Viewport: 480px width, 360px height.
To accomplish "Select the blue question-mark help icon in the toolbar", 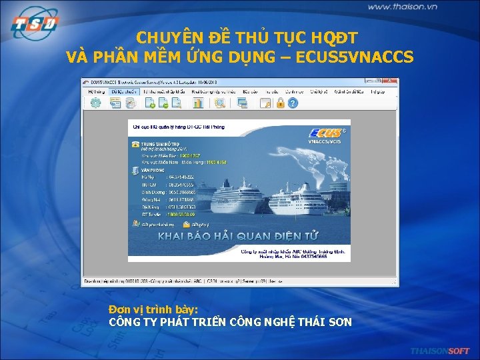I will [292, 103].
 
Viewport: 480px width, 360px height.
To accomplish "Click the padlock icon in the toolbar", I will [281, 103].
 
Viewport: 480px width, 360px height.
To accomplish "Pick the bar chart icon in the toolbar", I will [197, 103].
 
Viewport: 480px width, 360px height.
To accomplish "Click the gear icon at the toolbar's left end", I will [96, 103].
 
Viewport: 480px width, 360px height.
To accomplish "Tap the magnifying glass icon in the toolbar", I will [219, 103].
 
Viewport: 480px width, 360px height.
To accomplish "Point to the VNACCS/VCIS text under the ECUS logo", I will [324, 142].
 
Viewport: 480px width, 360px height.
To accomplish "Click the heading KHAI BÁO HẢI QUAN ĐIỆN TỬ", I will [238, 236].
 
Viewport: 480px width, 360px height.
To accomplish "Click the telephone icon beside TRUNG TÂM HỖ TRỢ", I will [135, 144].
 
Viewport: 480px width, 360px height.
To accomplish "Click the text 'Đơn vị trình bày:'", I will [153, 310].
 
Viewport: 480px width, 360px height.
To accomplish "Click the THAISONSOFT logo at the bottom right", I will [440, 351].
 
